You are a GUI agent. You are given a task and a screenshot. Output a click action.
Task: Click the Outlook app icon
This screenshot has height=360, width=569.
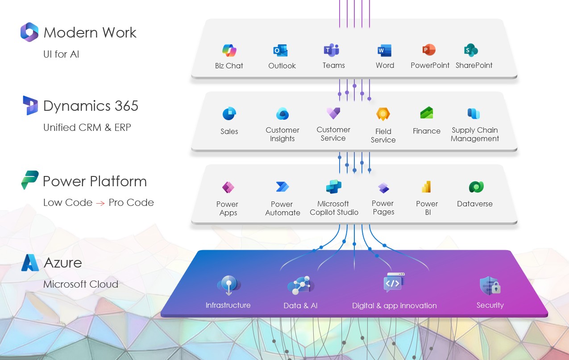[x=281, y=50]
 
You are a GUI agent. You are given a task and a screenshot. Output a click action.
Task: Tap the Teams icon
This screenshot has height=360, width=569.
[x=332, y=50]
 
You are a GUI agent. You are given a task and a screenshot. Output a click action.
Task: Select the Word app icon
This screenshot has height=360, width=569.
[x=384, y=50]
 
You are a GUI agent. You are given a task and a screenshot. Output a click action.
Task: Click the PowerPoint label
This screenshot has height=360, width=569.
[x=430, y=65]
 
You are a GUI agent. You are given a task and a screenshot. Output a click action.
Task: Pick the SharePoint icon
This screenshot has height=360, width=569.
[x=471, y=50]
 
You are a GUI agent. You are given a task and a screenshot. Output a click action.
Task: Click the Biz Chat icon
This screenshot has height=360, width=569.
[x=229, y=50]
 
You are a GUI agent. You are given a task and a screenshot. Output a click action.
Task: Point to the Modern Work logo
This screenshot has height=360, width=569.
[x=29, y=32]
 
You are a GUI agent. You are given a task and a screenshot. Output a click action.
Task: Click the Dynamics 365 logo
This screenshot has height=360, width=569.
[x=30, y=105]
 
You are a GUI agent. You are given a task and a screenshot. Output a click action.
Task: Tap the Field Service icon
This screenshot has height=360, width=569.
[x=383, y=114]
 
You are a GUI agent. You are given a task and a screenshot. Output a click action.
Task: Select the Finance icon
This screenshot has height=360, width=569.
[x=427, y=113]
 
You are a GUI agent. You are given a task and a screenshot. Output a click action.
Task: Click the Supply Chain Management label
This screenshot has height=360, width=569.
[x=475, y=134]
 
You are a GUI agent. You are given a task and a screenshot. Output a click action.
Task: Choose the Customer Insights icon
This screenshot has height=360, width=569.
[x=282, y=114]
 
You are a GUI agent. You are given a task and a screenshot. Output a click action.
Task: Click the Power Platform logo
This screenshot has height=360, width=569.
[x=30, y=180]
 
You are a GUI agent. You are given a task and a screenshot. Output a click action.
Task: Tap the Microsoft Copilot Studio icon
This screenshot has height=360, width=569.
[x=334, y=186]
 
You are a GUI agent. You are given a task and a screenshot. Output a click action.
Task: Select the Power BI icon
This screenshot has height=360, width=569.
[x=427, y=187]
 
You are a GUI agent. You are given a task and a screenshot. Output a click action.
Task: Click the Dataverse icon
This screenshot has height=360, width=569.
[x=476, y=187]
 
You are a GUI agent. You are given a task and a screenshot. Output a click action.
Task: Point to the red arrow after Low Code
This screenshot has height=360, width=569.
[x=100, y=203]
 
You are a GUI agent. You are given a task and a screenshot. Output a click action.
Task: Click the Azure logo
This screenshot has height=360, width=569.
[x=30, y=263]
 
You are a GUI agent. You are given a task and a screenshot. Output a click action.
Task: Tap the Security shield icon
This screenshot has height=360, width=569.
[x=490, y=286]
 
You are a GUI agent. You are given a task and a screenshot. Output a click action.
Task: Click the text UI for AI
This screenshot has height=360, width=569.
[x=61, y=54]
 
